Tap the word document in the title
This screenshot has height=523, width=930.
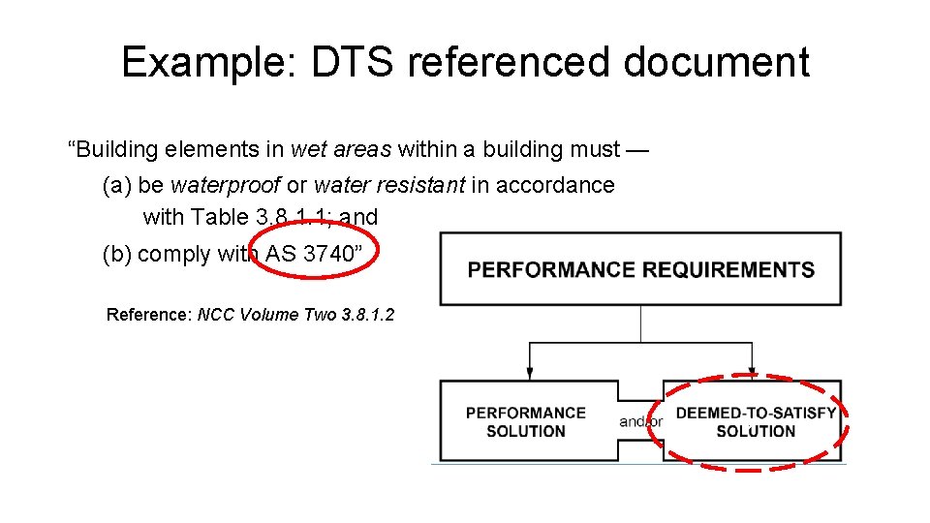coord(716,62)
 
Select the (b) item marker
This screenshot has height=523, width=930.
coord(116,254)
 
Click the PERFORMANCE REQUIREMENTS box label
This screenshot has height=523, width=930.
coord(640,269)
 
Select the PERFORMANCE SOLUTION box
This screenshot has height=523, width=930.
coord(526,421)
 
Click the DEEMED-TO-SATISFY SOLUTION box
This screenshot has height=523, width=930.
coord(755,421)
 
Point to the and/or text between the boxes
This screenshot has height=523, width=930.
coord(641,421)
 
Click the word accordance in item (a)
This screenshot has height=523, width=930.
coord(556,185)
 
